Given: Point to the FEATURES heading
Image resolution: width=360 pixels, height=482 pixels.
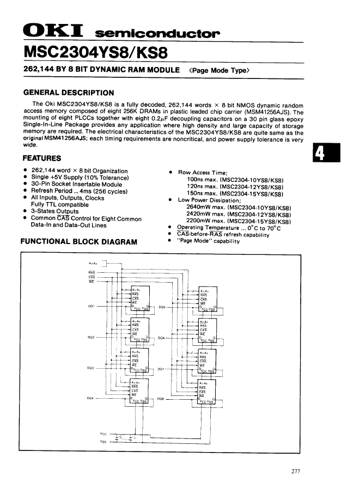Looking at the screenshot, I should pos(41,158).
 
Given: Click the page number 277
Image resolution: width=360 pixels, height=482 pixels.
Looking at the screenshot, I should pos(296,471).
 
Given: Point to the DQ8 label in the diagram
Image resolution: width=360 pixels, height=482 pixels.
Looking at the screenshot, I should pos(161,399).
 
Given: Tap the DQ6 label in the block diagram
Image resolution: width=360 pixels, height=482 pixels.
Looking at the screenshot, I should pos(161,338).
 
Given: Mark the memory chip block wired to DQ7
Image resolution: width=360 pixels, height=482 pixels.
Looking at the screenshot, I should pos(208,361).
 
